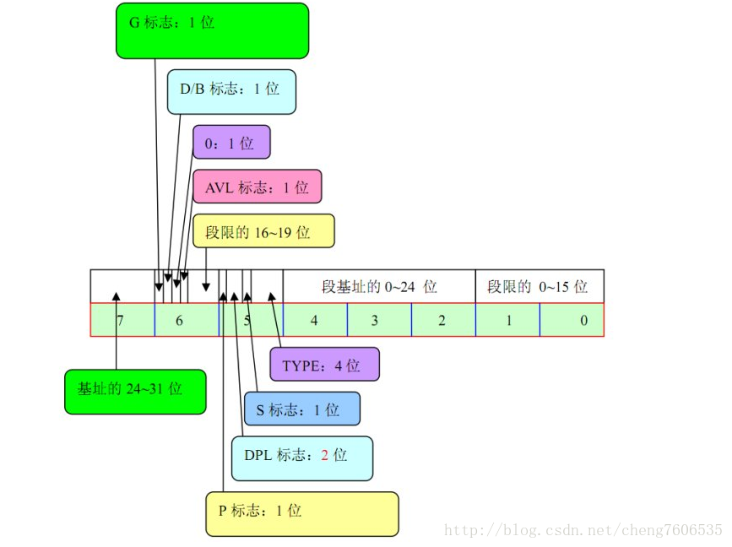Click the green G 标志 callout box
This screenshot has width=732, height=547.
tap(212, 31)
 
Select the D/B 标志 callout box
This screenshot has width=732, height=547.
tap(231, 91)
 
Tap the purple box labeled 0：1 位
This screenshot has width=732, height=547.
tap(231, 143)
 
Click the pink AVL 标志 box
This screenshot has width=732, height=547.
tap(258, 187)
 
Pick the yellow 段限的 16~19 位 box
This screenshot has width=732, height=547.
tap(263, 231)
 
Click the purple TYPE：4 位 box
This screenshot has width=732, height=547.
tap(324, 365)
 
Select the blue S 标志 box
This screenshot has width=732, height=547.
tap(301, 409)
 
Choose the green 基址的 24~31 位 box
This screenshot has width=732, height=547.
tap(135, 392)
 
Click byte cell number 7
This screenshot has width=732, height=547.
tap(122, 321)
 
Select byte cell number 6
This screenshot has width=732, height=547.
tap(186, 321)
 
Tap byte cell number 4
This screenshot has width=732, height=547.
tap(314, 321)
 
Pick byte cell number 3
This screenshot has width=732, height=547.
tap(378, 321)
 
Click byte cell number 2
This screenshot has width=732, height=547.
tap(442, 321)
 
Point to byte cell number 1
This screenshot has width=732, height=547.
tap(507, 321)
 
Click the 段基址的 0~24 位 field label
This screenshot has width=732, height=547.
tap(379, 287)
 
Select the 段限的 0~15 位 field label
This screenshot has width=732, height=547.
tap(538, 287)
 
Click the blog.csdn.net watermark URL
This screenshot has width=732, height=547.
tap(583, 530)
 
